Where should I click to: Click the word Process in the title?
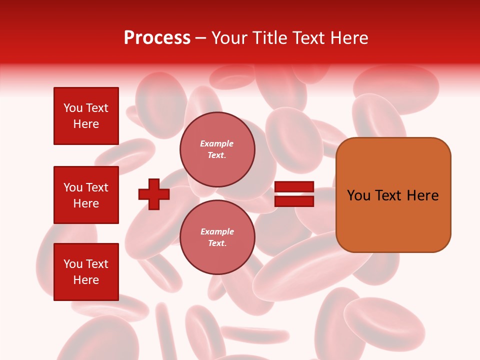pos(157,38)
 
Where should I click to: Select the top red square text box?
pos(86,116)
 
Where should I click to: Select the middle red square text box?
pos(86,195)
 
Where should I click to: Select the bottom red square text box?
pos(86,272)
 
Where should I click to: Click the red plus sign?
pos(154,194)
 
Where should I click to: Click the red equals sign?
pos(294,194)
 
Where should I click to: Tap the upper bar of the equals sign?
pos(294,187)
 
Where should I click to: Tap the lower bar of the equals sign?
pos(294,201)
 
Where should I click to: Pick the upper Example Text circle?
pos(217,149)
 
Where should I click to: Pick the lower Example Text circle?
pos(217,237)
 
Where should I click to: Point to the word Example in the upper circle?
pos(216,143)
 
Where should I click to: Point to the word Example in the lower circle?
pos(217,231)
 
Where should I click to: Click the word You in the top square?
pos(73,108)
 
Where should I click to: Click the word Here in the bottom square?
pos(86,280)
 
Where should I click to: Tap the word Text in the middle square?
pos(96,187)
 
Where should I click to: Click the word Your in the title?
pos(230,38)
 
